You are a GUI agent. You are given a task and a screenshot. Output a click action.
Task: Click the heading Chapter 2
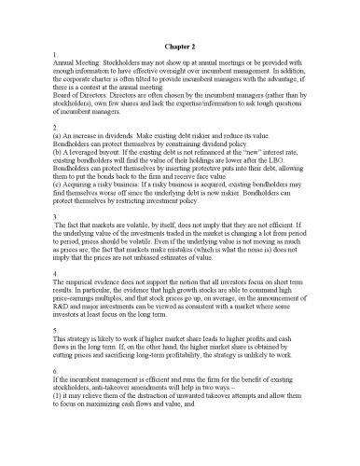(x=180, y=44)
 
